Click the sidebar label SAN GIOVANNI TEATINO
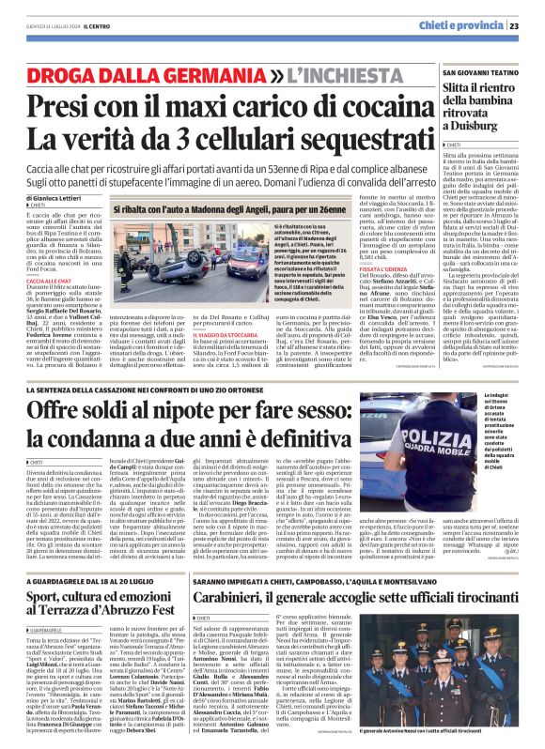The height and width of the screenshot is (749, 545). [482, 71]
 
